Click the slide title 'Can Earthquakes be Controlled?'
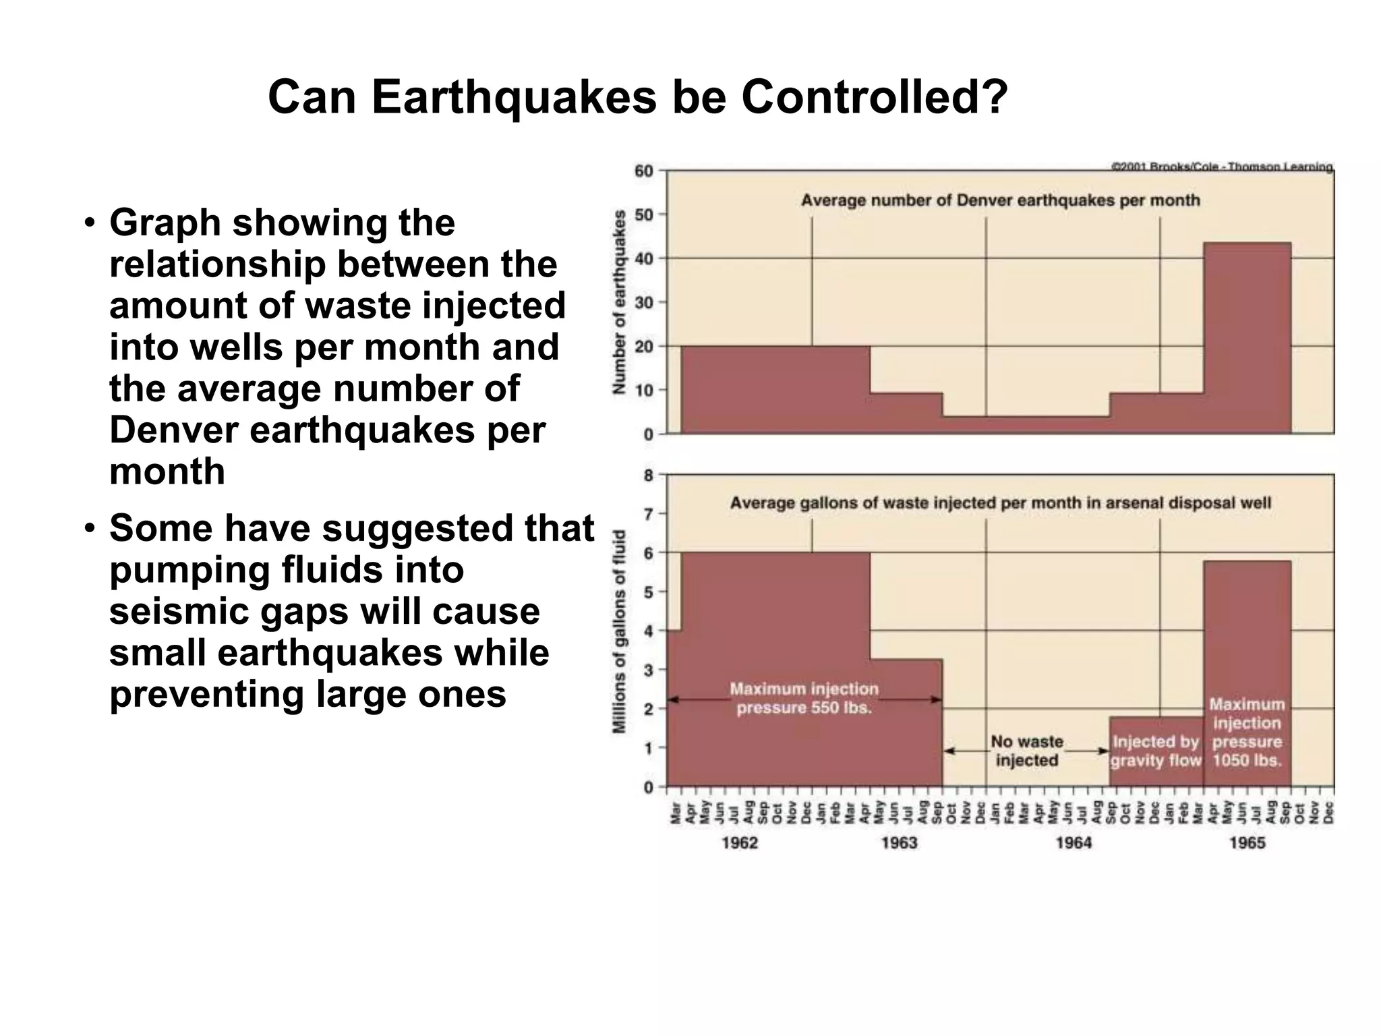click(x=637, y=97)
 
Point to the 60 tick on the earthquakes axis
click(x=644, y=171)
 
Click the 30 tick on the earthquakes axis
click(x=644, y=303)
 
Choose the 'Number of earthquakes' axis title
click(x=620, y=302)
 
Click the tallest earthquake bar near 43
click(x=1247, y=337)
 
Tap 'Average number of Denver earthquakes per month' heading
click(x=1000, y=200)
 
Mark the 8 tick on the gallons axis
click(x=648, y=476)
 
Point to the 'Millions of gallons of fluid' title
click(x=620, y=631)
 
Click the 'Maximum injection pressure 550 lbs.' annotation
click(x=804, y=699)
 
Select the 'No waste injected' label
click(x=1026, y=751)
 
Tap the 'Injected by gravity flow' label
click(x=1156, y=751)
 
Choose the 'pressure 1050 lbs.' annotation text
click(x=1247, y=751)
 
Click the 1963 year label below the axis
click(x=899, y=842)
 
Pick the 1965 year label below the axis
click(x=1247, y=842)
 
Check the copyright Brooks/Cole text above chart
click(x=1221, y=166)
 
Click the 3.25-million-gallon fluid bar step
click(x=906, y=722)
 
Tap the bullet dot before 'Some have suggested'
click(x=88, y=529)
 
